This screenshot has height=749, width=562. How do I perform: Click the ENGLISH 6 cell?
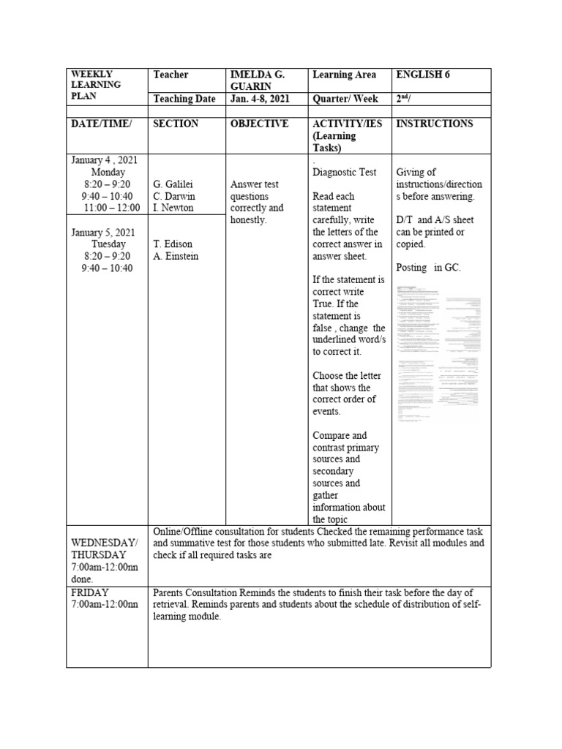tap(423, 75)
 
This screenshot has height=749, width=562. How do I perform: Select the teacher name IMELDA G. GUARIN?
tap(257, 80)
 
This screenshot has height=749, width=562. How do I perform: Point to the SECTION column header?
tap(176, 124)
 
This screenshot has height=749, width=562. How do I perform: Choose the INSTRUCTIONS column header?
tap(434, 124)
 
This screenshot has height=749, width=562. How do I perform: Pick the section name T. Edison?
tap(174, 244)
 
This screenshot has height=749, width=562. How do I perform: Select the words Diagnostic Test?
tap(344, 173)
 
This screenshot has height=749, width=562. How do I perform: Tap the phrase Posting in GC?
tap(428, 268)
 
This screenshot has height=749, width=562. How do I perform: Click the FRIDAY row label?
tap(91, 592)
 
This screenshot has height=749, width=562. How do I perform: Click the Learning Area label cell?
tap(344, 75)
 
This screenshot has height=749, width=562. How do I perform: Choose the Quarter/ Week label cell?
tap(346, 99)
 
